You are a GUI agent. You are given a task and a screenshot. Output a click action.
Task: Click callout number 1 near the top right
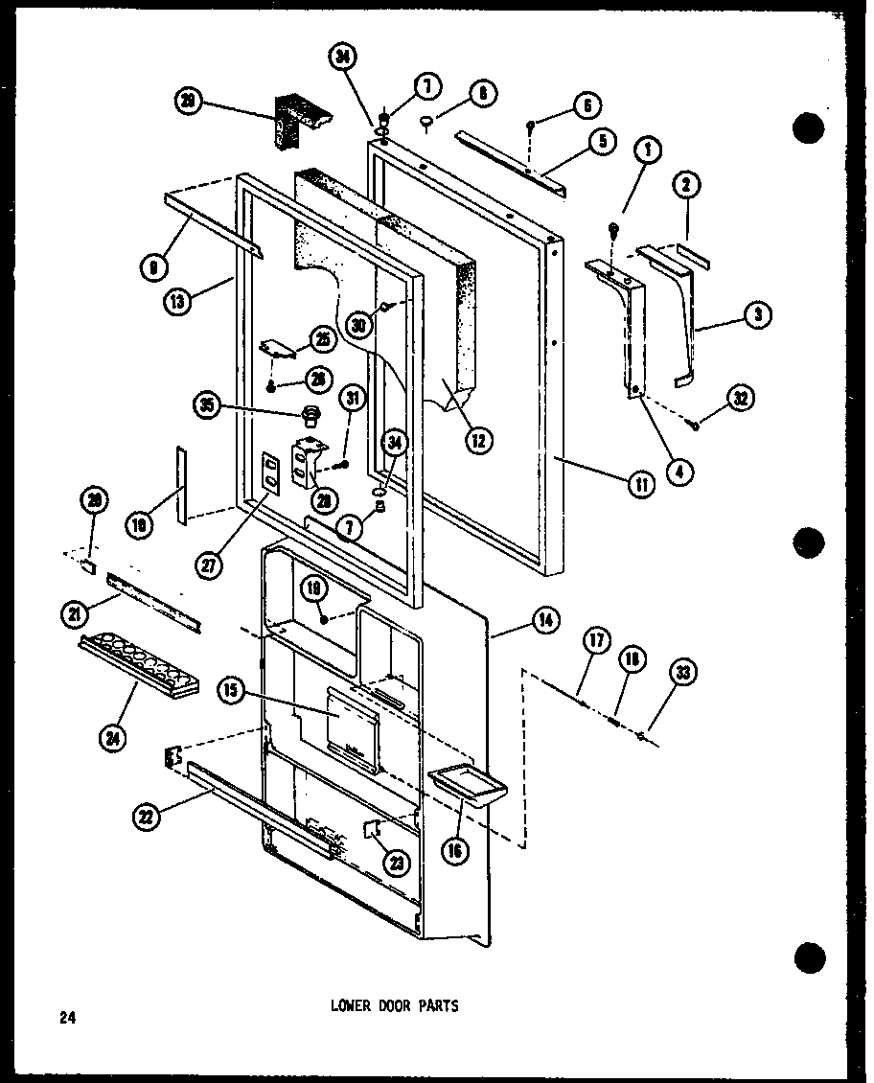[648, 150]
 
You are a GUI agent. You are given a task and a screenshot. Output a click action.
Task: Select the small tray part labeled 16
[467, 785]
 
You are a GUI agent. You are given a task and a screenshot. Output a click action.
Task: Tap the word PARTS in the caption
[440, 1006]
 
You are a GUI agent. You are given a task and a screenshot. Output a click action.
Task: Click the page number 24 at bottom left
[66, 1018]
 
